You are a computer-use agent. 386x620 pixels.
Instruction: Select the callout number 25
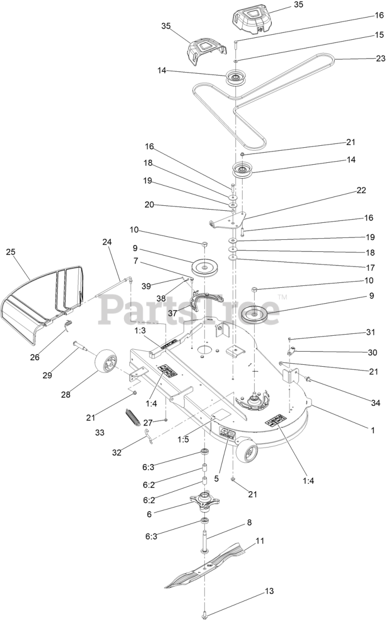11,252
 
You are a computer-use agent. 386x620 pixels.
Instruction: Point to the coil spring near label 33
132,416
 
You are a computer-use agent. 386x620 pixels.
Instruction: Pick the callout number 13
269,591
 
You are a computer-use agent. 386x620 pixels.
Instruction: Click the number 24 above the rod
107,241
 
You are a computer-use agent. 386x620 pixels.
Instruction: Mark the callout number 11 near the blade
260,541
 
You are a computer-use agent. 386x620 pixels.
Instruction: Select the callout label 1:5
183,439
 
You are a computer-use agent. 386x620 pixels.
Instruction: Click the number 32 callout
117,453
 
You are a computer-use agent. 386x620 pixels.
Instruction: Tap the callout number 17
371,267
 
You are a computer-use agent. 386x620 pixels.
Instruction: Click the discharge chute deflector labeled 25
44,300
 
